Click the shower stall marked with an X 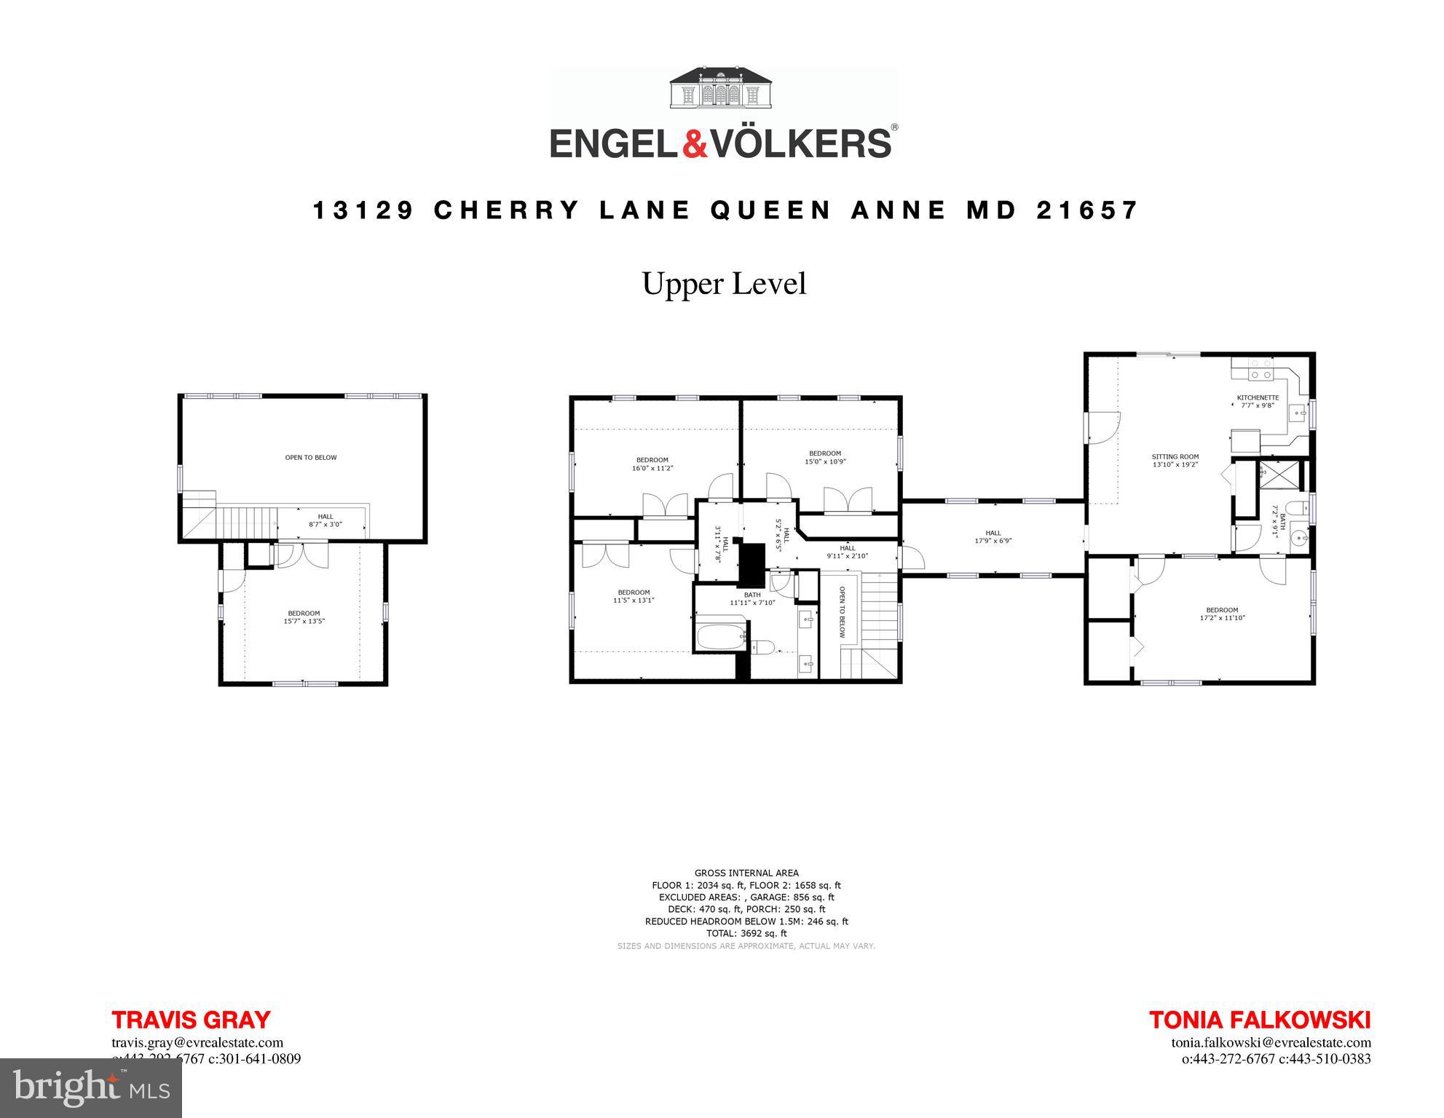(x=1271, y=472)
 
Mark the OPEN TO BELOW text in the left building (x=311, y=458)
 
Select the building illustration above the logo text (x=722, y=88)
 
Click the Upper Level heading (x=724, y=284)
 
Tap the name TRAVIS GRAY (x=191, y=1020)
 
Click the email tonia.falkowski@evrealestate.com (x=1271, y=1042)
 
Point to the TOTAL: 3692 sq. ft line (x=746, y=933)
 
